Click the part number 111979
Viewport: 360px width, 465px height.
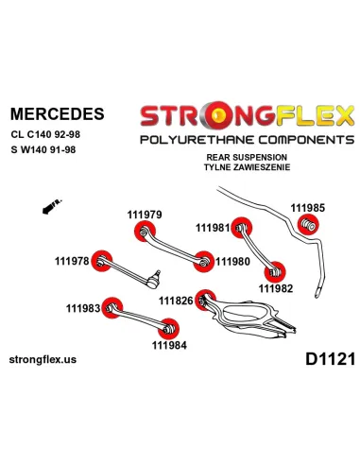[x=145, y=215]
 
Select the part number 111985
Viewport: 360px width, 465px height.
[x=307, y=208]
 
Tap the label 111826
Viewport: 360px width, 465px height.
[x=176, y=301]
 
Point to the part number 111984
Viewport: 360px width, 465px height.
[x=169, y=345]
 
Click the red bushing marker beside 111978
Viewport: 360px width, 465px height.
[x=101, y=261]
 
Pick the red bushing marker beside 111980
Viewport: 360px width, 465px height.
[x=203, y=262]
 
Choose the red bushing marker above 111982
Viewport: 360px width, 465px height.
[x=275, y=272]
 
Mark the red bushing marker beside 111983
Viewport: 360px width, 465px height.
[x=112, y=307]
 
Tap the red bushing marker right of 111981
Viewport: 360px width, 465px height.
[x=241, y=228]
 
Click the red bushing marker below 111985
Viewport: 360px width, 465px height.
[x=308, y=224]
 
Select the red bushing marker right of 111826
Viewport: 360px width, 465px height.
[x=205, y=300]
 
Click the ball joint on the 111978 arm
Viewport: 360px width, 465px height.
[x=154, y=280]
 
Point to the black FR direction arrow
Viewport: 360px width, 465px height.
[x=52, y=207]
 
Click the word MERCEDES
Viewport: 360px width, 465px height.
[x=57, y=113]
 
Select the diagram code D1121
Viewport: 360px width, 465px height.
[x=330, y=359]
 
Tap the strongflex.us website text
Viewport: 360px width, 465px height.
[x=43, y=359]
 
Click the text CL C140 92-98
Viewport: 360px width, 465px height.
[x=45, y=134]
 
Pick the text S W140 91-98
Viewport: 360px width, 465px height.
[x=43, y=149]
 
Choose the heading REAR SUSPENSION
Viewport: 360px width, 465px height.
[x=247, y=157]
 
